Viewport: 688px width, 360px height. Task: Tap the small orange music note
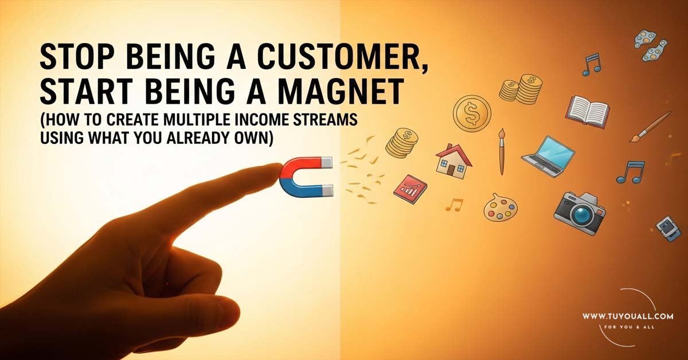coord(454,205)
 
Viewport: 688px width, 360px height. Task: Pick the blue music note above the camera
coord(631,171)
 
